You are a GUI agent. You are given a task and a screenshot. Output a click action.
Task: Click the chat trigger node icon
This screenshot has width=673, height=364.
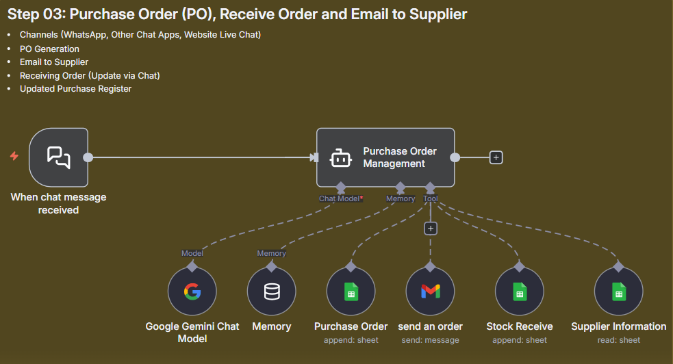point(58,157)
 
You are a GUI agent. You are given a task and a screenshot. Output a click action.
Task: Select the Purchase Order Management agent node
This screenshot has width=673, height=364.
point(385,157)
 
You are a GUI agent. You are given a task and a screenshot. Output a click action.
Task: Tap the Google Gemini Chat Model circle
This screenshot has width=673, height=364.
point(192,291)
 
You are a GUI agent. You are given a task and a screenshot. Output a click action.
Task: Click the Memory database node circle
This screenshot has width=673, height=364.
point(272,291)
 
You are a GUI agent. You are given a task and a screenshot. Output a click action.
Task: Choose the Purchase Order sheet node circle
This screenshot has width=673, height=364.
point(351,291)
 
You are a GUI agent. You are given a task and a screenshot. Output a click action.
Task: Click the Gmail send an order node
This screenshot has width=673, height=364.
point(430,291)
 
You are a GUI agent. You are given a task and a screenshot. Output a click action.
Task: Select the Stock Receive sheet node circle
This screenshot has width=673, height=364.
point(519,291)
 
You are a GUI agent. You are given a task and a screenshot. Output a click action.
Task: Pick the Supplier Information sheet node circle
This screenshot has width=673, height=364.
point(618,291)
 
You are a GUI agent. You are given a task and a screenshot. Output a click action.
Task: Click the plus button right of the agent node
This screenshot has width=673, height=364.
point(496,157)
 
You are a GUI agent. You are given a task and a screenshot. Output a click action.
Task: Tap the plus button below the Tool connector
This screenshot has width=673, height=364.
point(430,229)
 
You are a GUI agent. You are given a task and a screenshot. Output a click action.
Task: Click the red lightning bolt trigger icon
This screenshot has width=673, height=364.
point(14,157)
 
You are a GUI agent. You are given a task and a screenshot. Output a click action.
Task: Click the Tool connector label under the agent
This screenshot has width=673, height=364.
point(430,198)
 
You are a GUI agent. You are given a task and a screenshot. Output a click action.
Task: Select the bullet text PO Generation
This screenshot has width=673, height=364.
point(49,49)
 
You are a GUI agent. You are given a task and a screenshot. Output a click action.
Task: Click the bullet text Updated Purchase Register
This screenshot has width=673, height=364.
point(75,89)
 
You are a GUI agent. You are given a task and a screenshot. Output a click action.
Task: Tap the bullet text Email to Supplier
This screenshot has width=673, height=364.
point(54,62)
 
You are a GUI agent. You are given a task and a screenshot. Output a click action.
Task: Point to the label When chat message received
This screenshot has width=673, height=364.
point(58,203)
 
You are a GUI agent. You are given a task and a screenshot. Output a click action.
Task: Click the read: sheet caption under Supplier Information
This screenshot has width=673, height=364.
point(618,340)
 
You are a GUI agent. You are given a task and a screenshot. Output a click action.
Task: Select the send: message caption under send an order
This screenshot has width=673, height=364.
point(430,340)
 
